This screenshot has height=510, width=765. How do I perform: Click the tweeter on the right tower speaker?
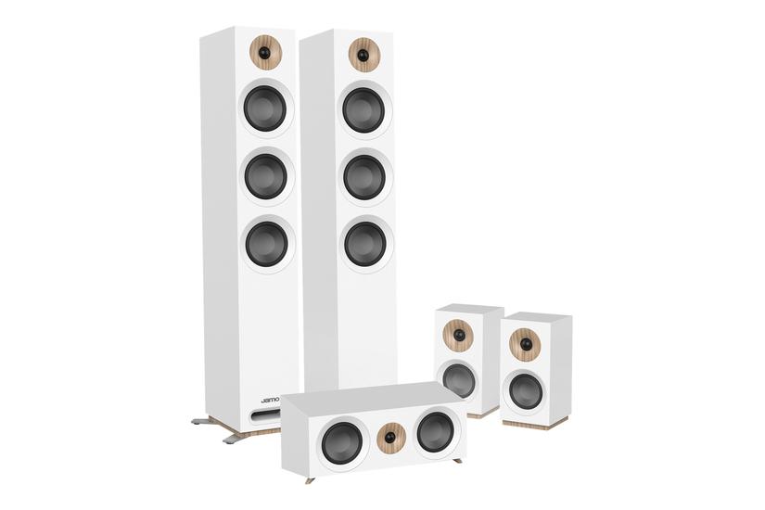click(364, 54)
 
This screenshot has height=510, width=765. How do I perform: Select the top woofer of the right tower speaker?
click(363, 109)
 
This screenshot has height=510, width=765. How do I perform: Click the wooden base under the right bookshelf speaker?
click(535, 423)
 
